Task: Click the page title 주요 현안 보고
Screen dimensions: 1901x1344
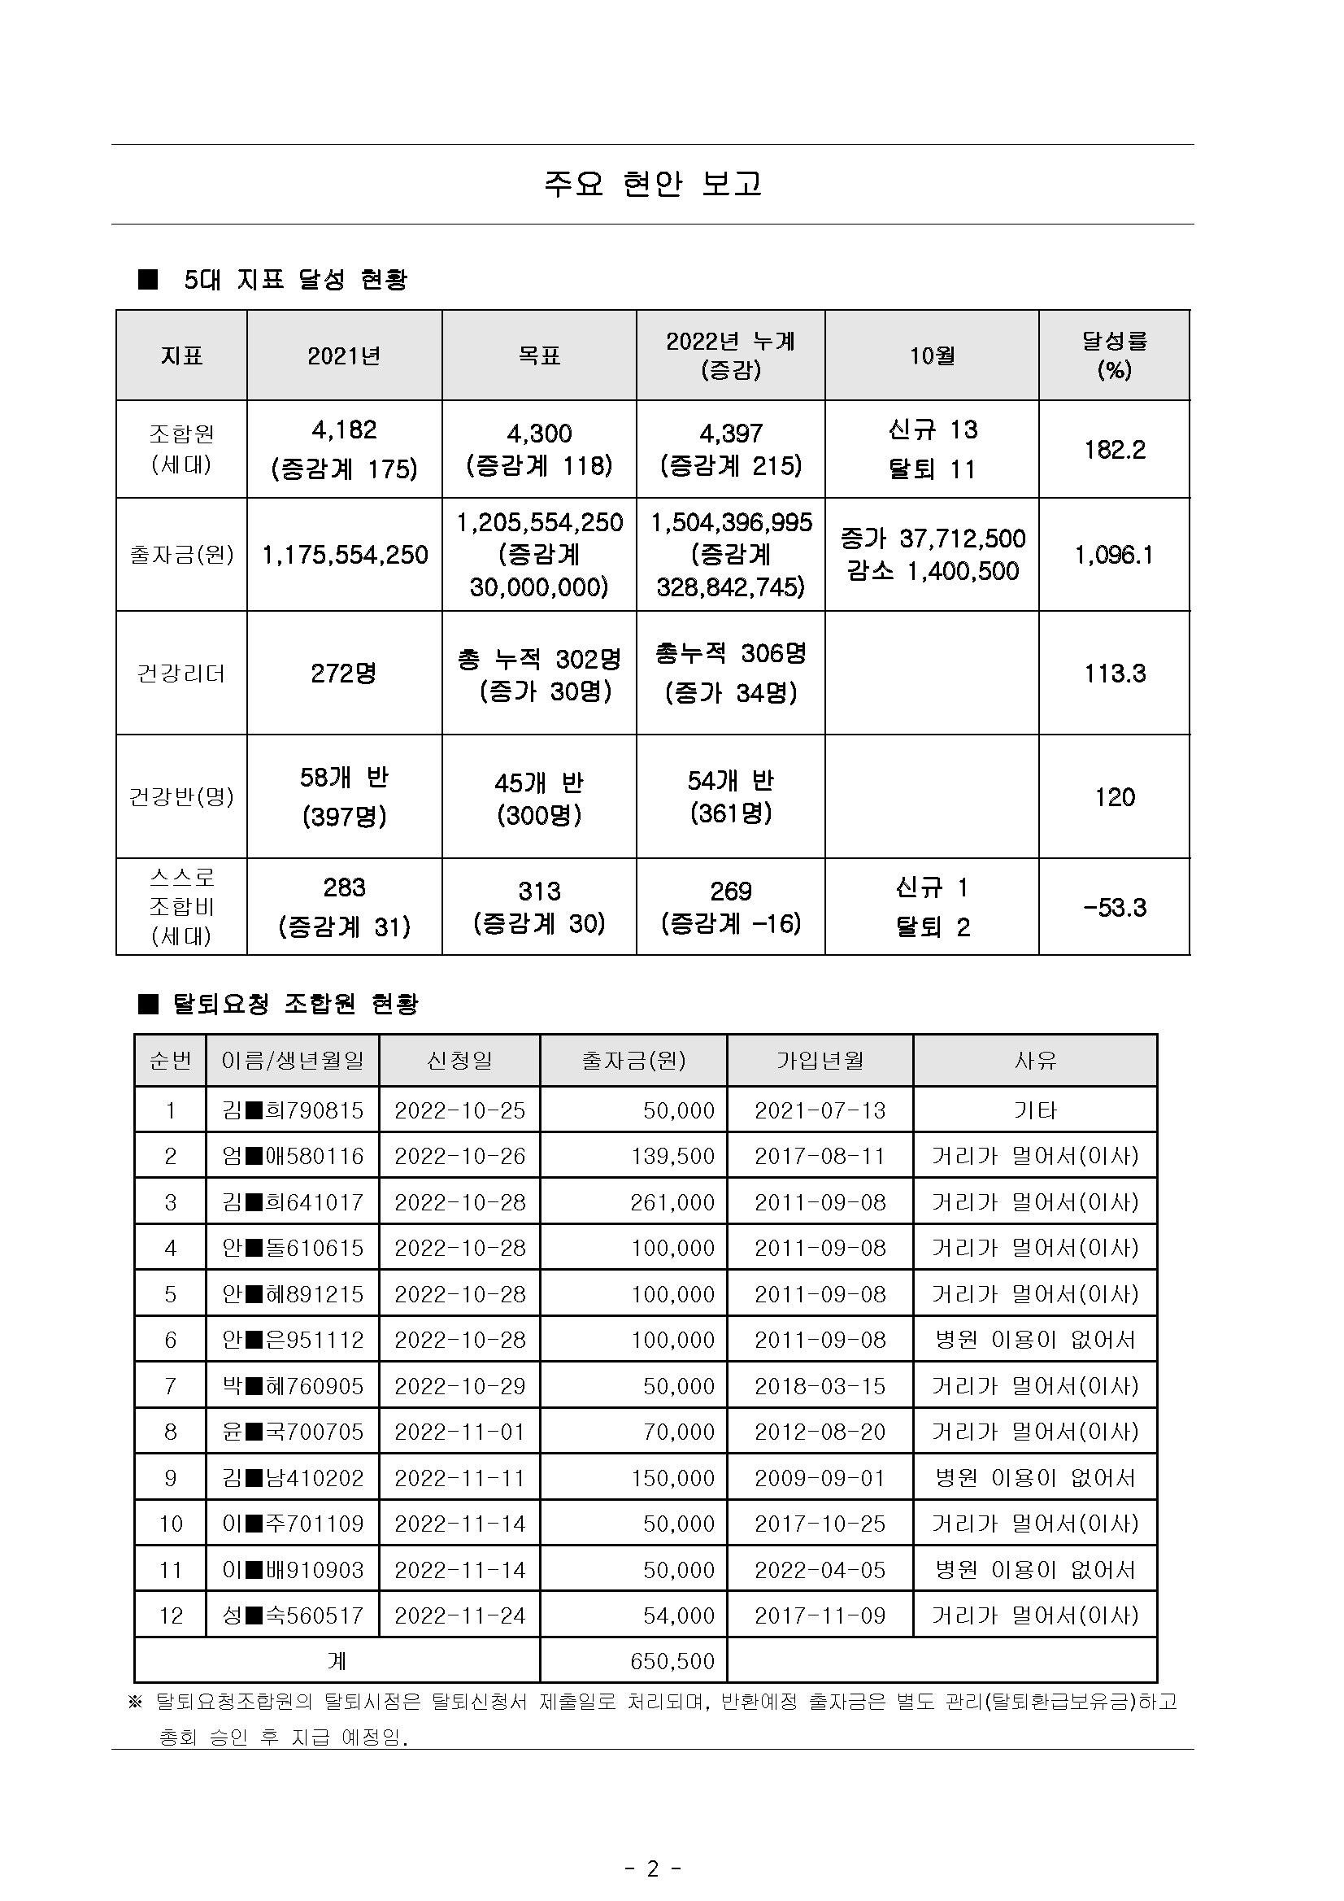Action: click(652, 184)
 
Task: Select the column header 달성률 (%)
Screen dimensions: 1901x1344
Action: click(1114, 355)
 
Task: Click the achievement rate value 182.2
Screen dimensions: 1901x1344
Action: click(1114, 450)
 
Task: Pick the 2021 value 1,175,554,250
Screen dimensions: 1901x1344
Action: click(344, 555)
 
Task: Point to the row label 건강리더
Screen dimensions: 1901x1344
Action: click(181, 674)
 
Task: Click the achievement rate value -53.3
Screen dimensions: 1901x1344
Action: click(1114, 908)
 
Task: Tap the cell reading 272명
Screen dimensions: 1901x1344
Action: click(344, 674)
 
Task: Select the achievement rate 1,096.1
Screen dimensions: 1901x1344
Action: click(1114, 555)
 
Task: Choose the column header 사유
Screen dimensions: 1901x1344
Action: click(1034, 1061)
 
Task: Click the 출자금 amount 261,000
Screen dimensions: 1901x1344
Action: click(672, 1202)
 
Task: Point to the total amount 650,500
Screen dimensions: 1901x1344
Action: click(672, 1661)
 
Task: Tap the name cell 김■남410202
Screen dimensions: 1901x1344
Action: click(293, 1478)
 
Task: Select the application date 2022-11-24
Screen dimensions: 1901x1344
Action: click(459, 1615)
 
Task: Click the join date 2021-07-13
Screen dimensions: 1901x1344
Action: click(820, 1110)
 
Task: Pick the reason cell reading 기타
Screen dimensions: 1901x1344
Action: click(1034, 1110)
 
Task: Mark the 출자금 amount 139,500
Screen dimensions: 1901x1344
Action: click(672, 1156)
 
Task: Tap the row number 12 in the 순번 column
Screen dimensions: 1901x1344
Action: click(171, 1615)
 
